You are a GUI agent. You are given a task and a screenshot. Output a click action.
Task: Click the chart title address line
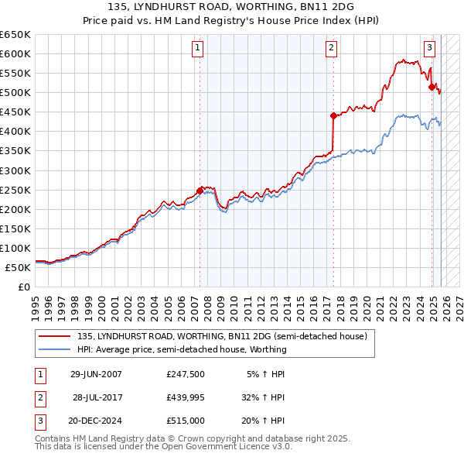(x=232, y=7)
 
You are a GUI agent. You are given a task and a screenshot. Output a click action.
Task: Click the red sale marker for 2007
(x=200, y=190)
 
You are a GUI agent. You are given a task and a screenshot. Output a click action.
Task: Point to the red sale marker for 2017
(x=333, y=115)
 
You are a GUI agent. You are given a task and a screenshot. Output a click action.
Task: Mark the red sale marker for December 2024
(x=432, y=87)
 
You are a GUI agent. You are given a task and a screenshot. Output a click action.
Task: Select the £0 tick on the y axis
(x=25, y=287)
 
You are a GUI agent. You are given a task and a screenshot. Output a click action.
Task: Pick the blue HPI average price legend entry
(x=182, y=349)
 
